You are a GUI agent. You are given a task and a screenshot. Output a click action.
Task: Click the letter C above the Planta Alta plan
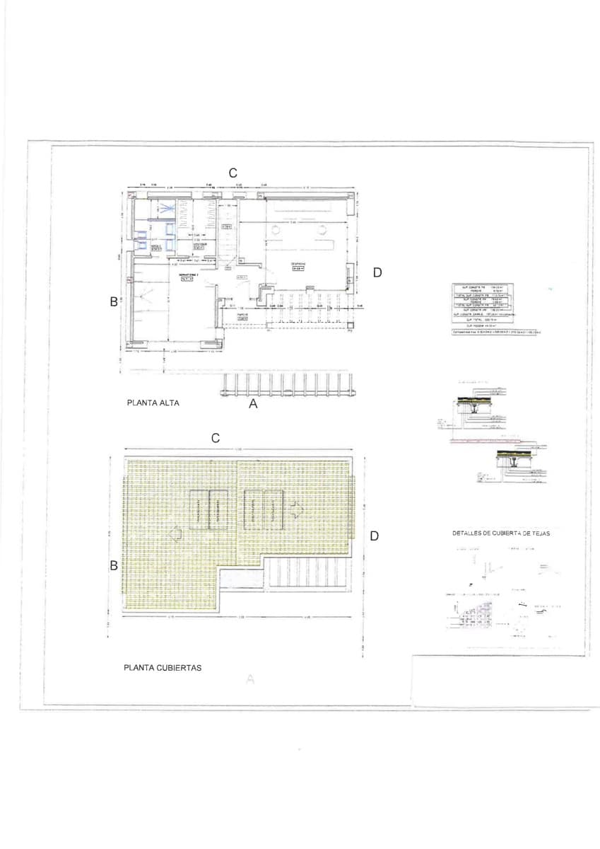coord(232,173)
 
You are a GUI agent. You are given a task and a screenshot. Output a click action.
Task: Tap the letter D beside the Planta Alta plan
coord(377,272)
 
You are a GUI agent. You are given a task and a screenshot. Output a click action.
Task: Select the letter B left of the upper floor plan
coord(113,301)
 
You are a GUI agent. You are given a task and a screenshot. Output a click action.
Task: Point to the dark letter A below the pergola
coord(254,405)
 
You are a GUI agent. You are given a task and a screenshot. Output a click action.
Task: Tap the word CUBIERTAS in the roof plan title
coord(180,666)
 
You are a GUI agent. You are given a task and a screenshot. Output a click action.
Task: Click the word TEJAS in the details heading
coord(538,533)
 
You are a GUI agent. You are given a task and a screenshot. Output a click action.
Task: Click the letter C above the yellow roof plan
coord(216,439)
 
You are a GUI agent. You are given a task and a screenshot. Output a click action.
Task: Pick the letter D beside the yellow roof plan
coord(374,536)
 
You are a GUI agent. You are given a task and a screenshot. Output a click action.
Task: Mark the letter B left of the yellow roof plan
coord(113,565)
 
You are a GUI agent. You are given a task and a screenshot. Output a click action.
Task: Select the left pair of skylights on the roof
coord(208,509)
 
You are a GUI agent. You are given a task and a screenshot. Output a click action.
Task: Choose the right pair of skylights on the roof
coord(263,509)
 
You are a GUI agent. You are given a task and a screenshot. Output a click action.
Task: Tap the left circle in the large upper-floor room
coord(275,228)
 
